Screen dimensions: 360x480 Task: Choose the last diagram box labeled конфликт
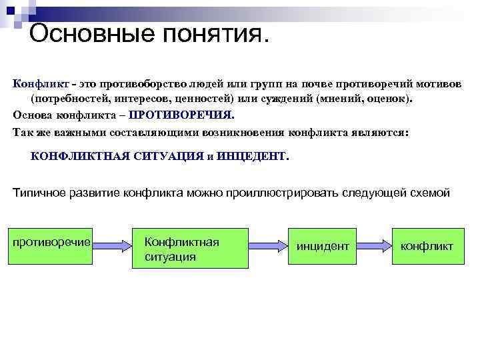[427, 247]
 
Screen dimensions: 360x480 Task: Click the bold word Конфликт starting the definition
[39, 84]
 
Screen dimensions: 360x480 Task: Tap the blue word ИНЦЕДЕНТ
[253, 157]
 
